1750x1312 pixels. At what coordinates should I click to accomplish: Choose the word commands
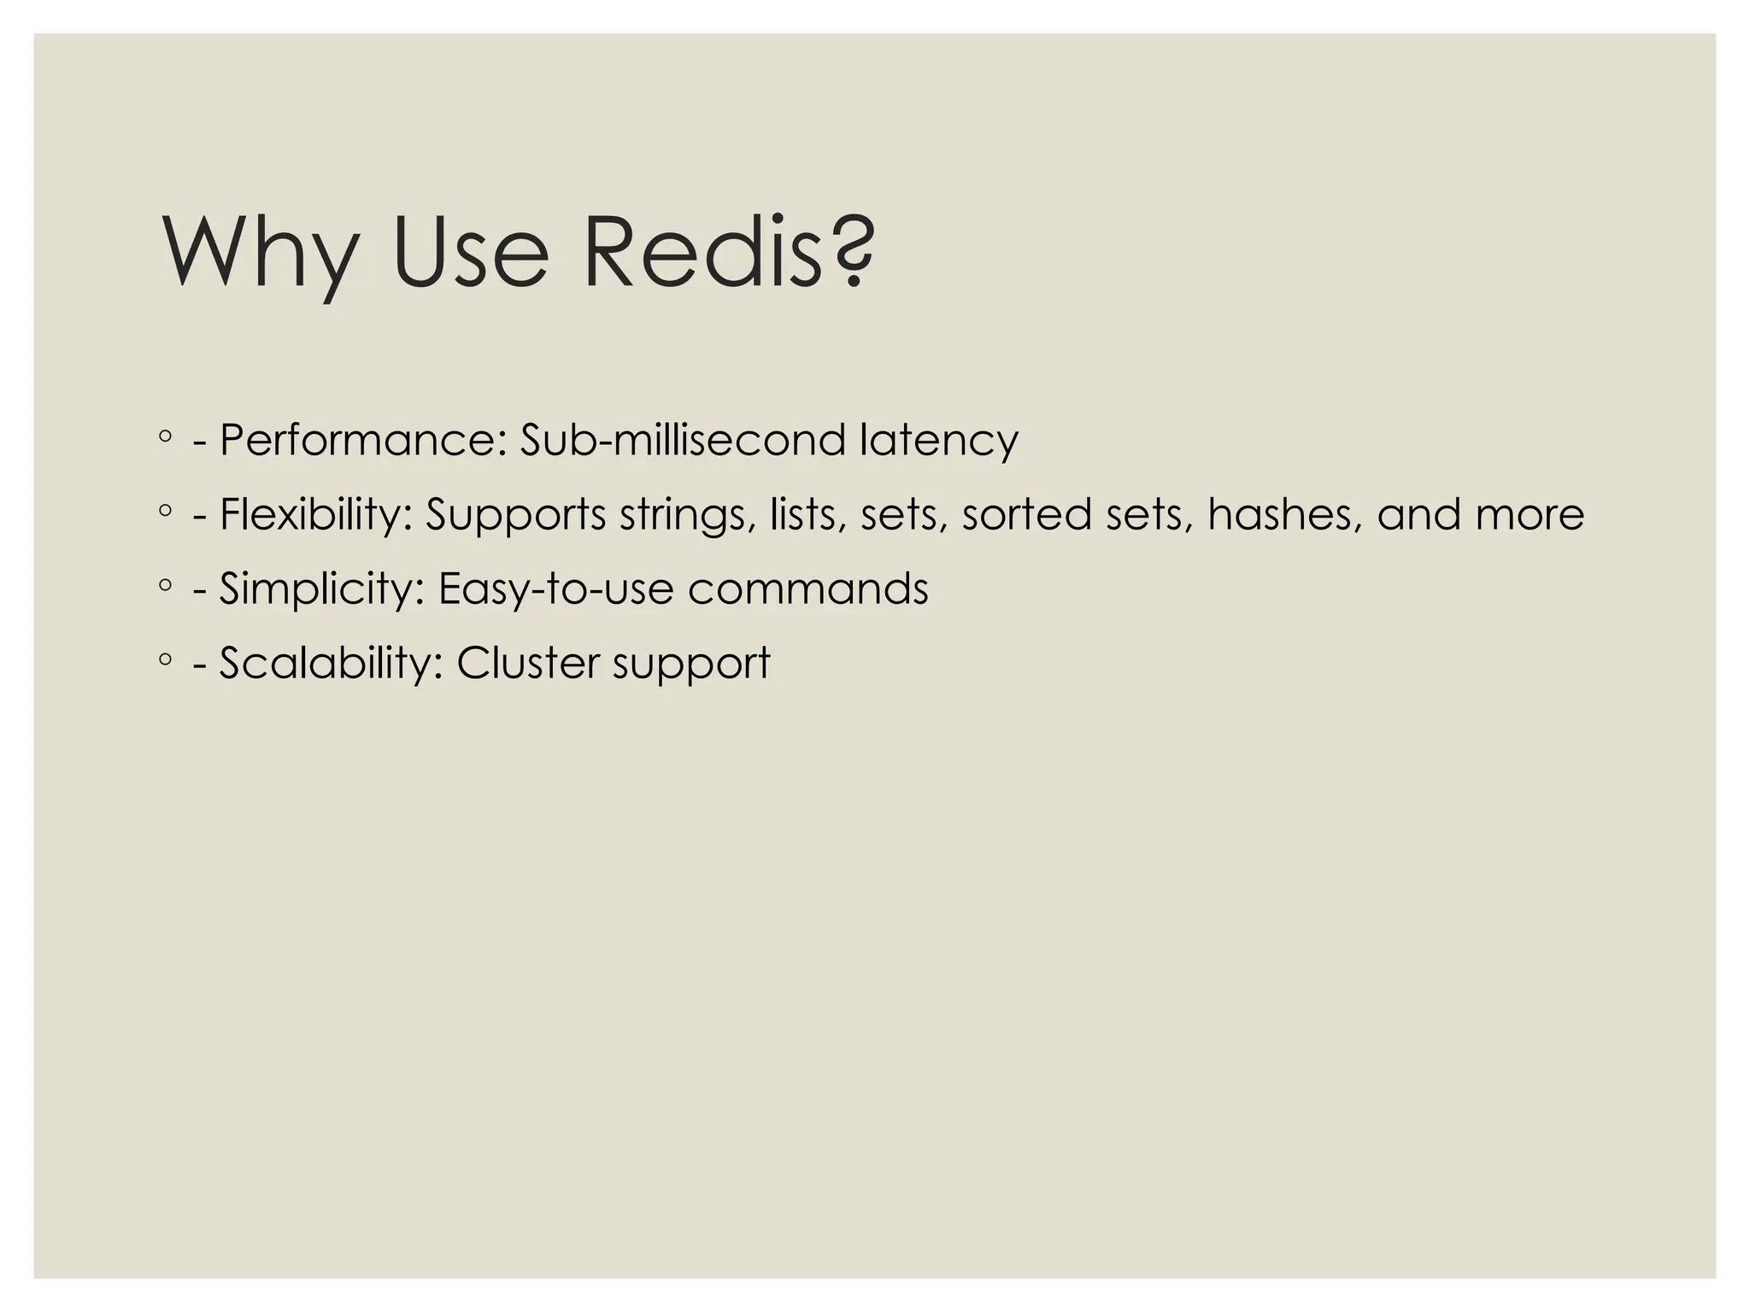click(807, 589)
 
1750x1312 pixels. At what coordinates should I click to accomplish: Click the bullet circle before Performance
click(165, 437)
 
